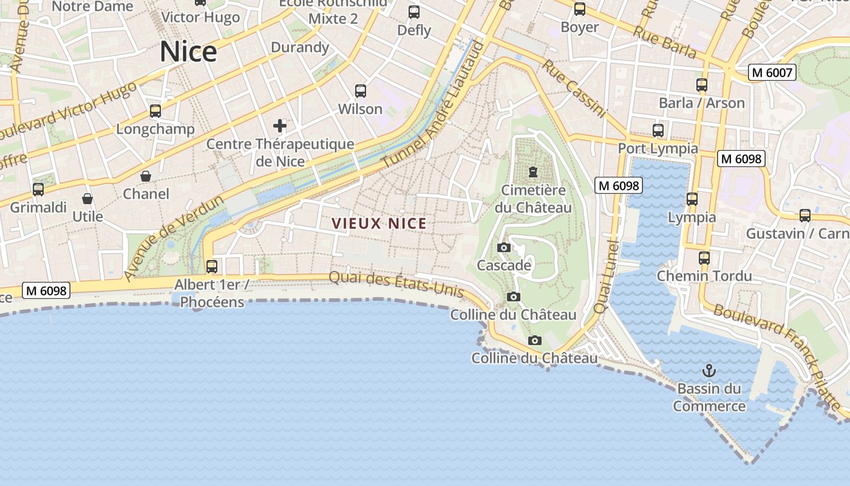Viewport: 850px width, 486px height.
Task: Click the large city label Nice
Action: (x=188, y=52)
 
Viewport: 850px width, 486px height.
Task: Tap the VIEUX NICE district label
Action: (x=379, y=224)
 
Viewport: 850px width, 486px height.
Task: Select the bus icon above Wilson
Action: (x=361, y=91)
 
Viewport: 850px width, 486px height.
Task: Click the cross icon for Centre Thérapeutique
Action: (x=280, y=126)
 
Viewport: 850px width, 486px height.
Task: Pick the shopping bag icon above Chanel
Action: (x=146, y=176)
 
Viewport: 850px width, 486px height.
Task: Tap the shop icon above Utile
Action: (x=87, y=199)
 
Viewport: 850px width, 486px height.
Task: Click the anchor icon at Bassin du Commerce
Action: (x=709, y=370)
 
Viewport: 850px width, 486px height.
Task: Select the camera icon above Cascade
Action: (x=503, y=247)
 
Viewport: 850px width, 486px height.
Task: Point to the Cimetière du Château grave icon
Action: (x=533, y=172)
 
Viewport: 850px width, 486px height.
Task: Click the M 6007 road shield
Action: (x=772, y=72)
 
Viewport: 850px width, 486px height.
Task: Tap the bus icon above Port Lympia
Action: (x=658, y=130)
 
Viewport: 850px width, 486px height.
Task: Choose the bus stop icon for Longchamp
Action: (x=155, y=111)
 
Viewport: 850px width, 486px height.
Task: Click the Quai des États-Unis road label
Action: (x=396, y=285)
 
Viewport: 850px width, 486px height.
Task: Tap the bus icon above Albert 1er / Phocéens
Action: (x=212, y=266)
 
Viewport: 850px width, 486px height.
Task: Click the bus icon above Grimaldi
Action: (x=38, y=190)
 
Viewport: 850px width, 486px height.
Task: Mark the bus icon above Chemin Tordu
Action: (x=704, y=258)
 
